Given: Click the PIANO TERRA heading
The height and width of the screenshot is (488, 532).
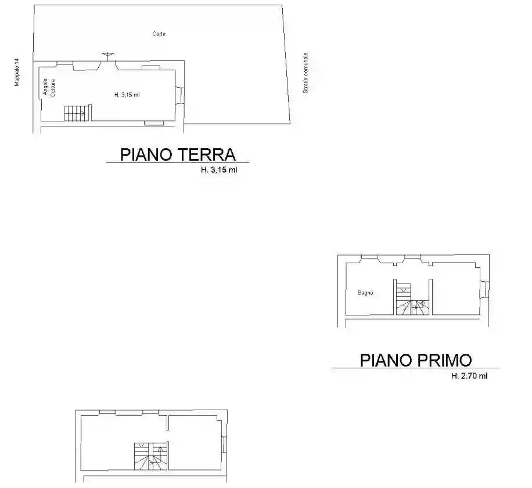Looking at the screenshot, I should tap(178, 155).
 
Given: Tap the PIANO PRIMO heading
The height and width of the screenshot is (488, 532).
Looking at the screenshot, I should tap(416, 360).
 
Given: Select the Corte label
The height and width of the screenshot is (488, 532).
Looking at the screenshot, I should tap(159, 34).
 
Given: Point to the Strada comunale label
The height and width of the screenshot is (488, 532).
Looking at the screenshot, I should tap(305, 73).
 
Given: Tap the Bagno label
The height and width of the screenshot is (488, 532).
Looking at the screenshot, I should tap(365, 293).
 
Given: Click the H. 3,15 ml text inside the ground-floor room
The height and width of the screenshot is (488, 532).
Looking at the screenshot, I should tap(127, 95).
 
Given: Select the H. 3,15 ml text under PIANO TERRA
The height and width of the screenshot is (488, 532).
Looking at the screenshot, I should tap(218, 170).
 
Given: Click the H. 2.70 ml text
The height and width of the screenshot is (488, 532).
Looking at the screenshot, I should tap(469, 376).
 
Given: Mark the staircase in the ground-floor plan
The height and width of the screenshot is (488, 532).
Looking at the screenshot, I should tap(77, 113).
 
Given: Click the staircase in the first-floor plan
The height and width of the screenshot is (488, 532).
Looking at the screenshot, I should tap(411, 300).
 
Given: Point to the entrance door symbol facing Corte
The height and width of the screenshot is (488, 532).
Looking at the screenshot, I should tap(107, 56).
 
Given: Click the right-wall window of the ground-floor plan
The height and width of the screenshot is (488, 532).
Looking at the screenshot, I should tap(181, 95).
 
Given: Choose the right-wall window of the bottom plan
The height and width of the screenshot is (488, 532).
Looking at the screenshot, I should tap(224, 444).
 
